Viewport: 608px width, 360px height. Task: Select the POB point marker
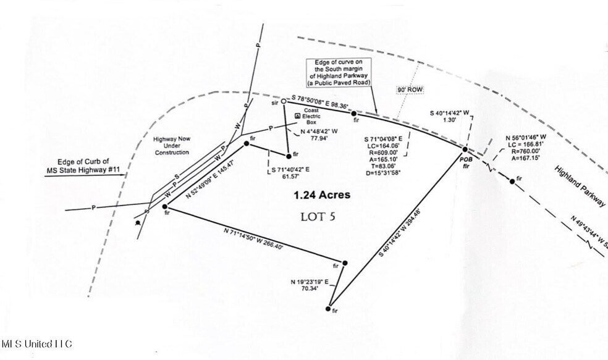click(x=465, y=149)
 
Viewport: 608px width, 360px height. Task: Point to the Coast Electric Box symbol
click(x=297, y=115)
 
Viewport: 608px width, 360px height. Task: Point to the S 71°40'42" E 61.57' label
click(x=293, y=172)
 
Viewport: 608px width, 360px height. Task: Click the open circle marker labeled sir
click(x=284, y=101)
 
